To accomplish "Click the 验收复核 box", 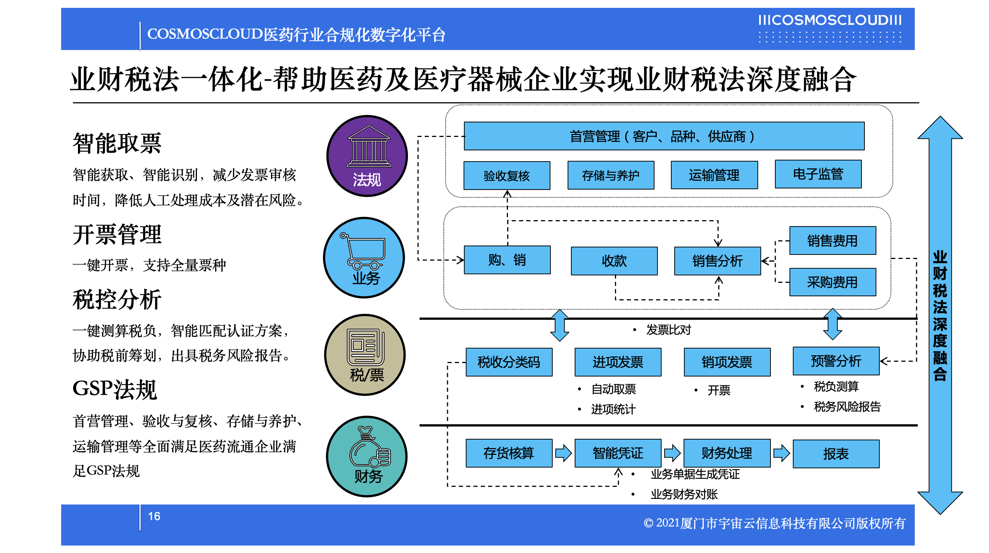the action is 506,175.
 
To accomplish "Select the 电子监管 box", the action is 818,174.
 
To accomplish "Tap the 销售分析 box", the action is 717,261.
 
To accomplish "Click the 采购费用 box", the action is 832,282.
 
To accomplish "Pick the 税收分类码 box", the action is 509,362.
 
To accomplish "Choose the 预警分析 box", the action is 836,360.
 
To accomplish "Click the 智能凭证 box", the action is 618,453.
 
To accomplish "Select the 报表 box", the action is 836,453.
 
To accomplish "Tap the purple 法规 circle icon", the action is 367,156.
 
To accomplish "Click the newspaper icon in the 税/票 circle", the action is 365,346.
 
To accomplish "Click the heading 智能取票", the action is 117,143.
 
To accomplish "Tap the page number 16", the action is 154,516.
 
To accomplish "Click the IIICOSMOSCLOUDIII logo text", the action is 830,20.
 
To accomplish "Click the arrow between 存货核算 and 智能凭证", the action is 563,453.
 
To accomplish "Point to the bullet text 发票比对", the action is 668,329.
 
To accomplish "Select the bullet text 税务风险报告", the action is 847,406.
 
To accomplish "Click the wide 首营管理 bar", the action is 664,136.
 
